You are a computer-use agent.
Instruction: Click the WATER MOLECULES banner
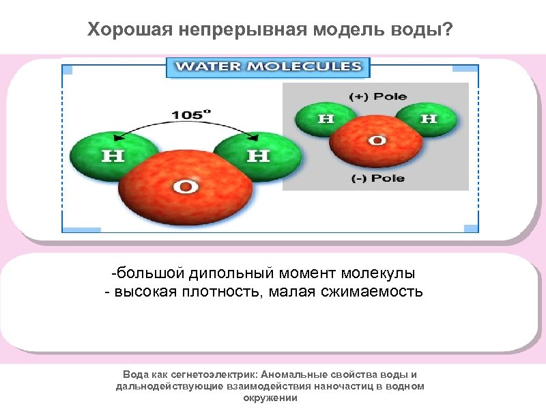(x=268, y=67)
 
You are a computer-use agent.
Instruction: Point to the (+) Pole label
(x=377, y=96)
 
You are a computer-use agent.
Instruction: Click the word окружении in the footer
(x=270, y=397)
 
